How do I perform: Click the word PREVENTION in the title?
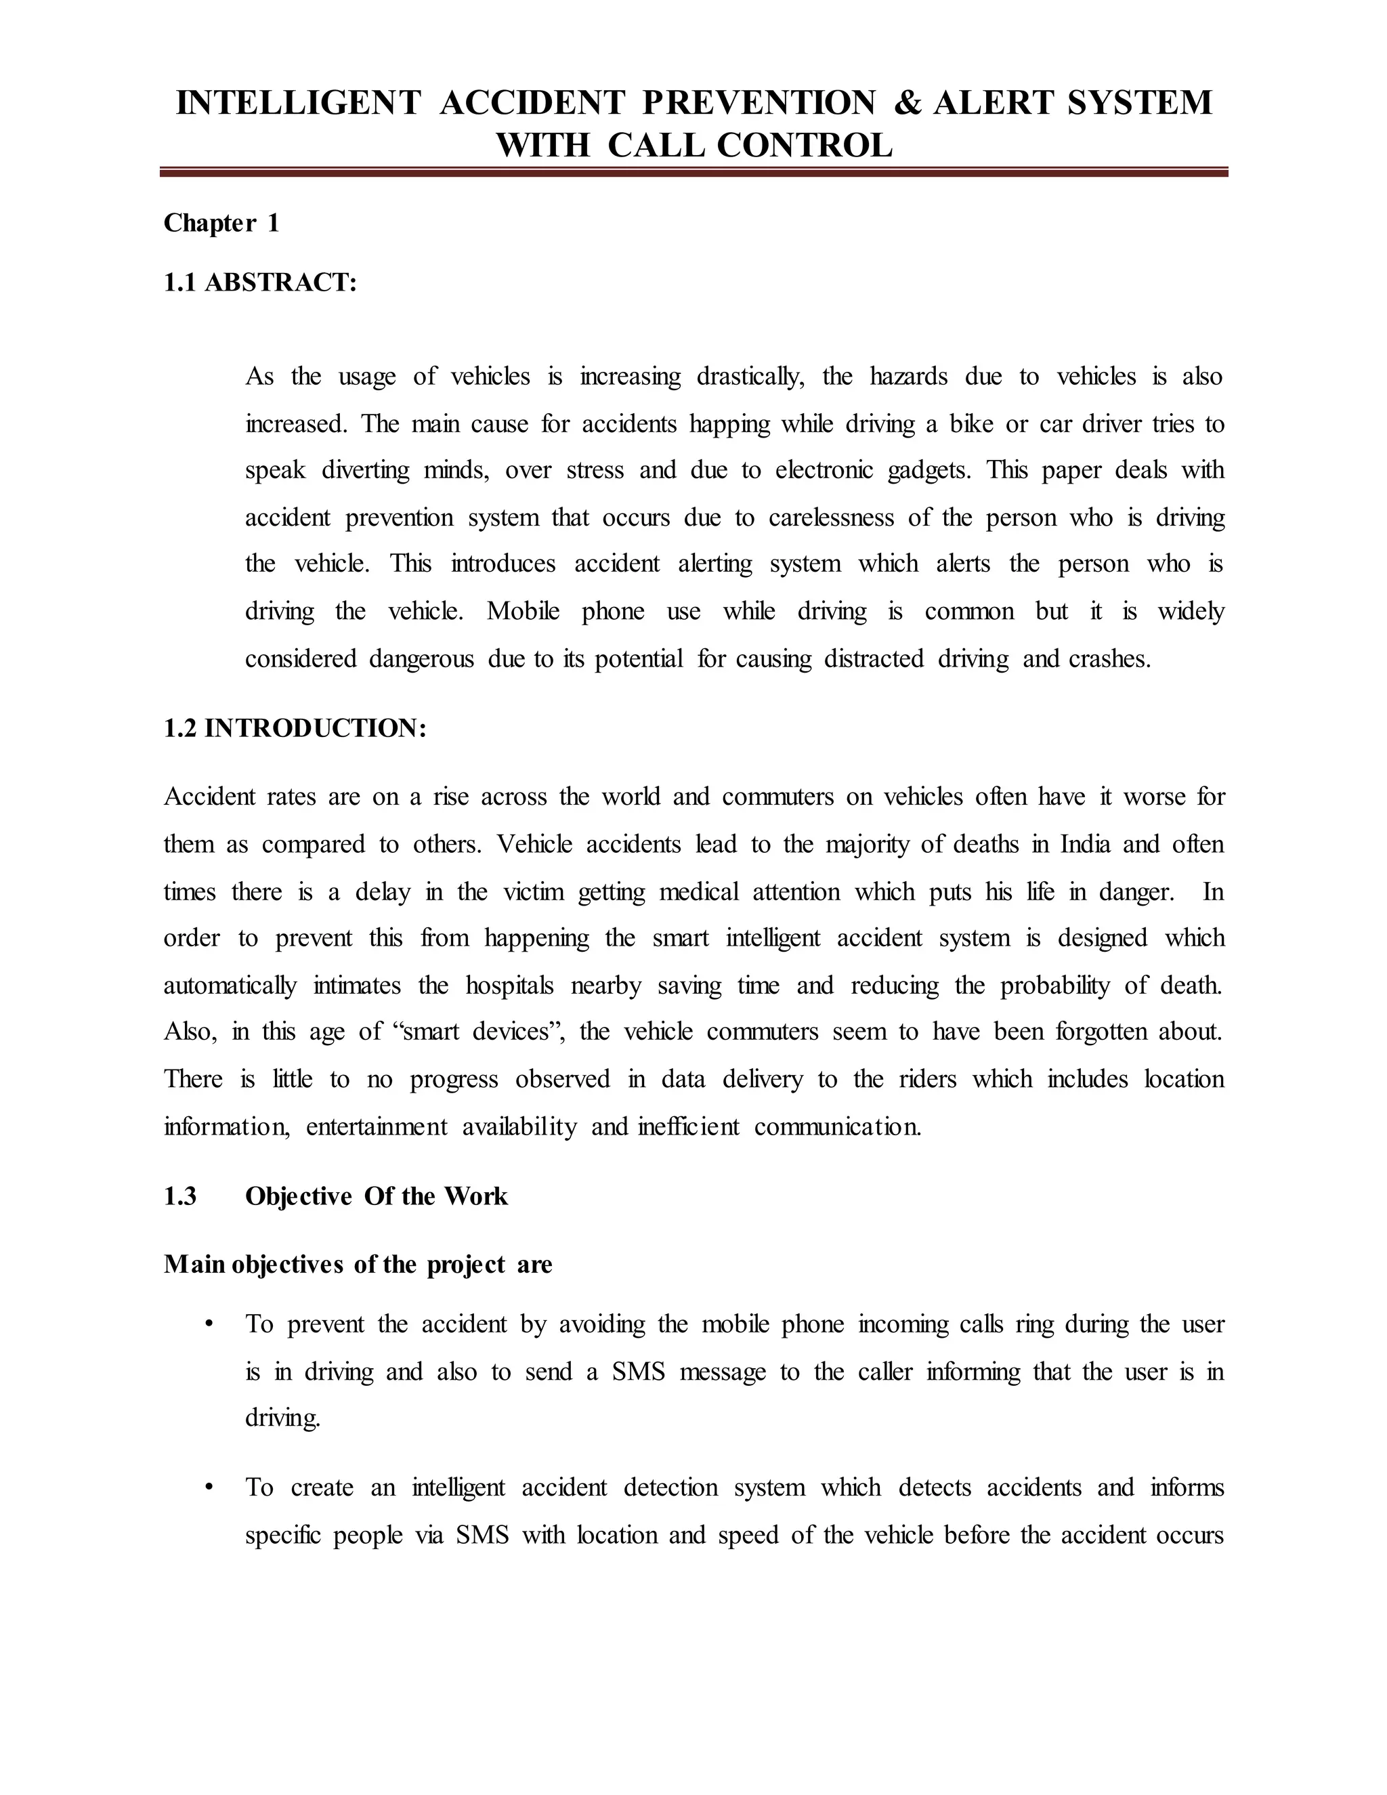[759, 103]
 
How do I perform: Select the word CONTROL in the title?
[805, 146]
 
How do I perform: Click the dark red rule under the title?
[693, 173]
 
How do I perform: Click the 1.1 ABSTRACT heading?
[261, 282]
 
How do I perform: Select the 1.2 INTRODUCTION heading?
[295, 727]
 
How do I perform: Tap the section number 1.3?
[180, 1196]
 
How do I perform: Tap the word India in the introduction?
[1085, 844]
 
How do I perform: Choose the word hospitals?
[509, 986]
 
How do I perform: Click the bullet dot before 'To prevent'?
[211, 1324]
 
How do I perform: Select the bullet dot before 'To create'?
[211, 1487]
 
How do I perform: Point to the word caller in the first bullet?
[885, 1372]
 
